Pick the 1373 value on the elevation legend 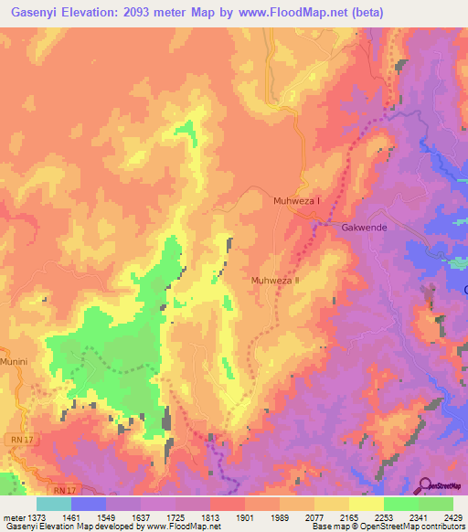click(37, 516)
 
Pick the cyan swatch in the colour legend click(54, 504)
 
